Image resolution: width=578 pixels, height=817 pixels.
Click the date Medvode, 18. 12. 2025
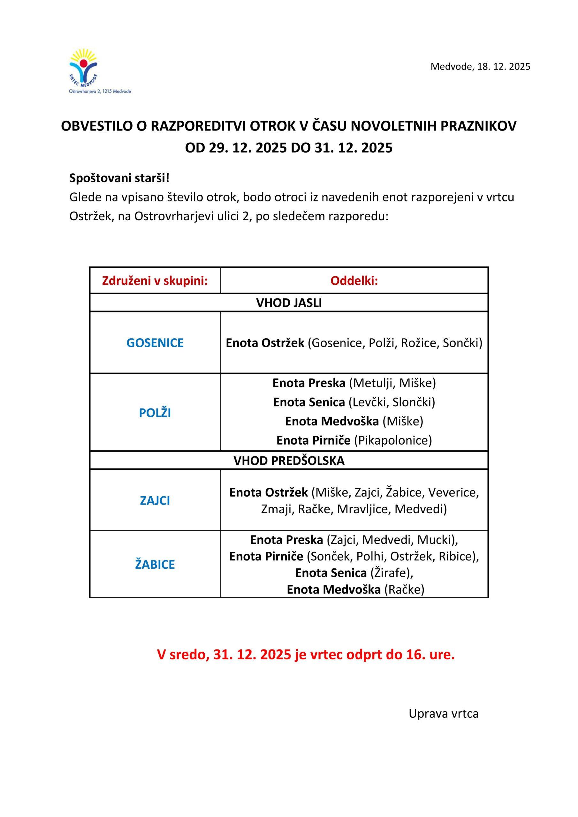point(480,67)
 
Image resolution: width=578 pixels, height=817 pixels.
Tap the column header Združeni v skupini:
point(155,281)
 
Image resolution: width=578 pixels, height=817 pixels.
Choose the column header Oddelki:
point(354,281)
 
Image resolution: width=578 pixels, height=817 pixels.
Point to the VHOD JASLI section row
point(289,303)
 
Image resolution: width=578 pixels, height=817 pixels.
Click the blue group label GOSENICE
point(155,343)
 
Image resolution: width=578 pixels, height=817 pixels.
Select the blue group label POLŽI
point(155,413)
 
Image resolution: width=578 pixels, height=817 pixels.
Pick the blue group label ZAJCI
point(155,501)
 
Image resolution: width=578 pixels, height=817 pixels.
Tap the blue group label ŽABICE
point(155,564)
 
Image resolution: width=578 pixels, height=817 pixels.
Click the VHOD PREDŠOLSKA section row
point(289,461)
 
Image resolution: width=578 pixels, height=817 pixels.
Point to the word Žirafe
point(390,573)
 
